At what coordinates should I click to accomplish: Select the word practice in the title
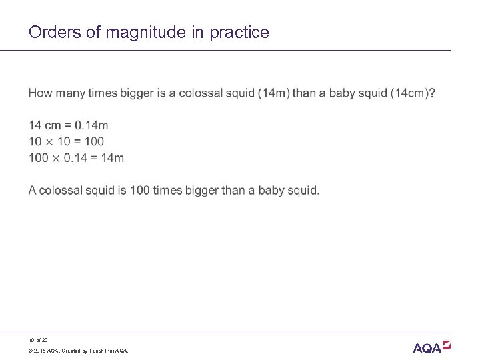(240, 32)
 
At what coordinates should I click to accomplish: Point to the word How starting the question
(40, 93)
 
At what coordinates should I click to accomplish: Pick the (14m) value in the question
(273, 93)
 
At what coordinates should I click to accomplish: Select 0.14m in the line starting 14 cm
(91, 125)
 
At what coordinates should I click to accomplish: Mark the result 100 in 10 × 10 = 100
(95, 141)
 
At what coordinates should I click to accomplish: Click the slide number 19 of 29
(37, 340)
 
